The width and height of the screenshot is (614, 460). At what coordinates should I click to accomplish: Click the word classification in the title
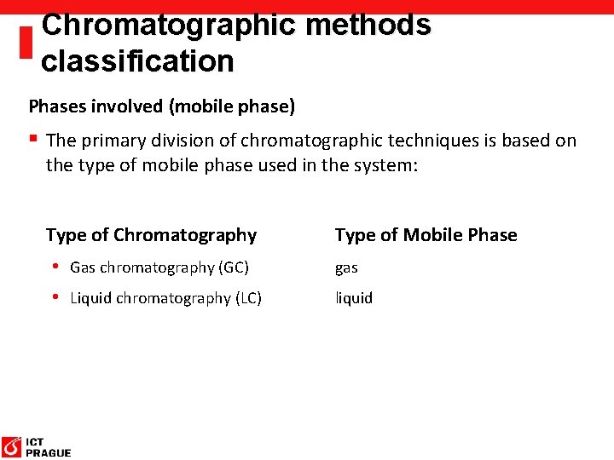click(x=137, y=61)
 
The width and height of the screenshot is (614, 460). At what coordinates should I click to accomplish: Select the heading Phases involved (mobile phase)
click(x=162, y=106)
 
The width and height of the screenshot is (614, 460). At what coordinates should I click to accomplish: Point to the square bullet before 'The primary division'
click(x=33, y=139)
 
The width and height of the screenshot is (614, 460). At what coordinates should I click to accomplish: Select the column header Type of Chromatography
click(x=151, y=235)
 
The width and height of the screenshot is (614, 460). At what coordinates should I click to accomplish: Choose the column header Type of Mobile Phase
click(x=426, y=235)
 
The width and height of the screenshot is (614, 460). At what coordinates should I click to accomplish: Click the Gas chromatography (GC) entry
click(x=159, y=267)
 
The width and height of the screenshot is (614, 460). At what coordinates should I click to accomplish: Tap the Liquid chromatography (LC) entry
click(x=165, y=298)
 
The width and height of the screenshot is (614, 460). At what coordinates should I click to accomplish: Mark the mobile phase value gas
click(x=346, y=268)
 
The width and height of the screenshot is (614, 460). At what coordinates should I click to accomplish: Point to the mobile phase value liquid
click(x=354, y=298)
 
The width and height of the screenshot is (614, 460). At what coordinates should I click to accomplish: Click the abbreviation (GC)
click(x=234, y=267)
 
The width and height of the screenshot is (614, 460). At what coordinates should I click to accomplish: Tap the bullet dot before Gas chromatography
click(x=55, y=267)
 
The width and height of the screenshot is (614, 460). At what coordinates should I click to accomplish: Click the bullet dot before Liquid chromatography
click(x=55, y=297)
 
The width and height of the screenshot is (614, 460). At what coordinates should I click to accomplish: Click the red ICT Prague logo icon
click(x=12, y=446)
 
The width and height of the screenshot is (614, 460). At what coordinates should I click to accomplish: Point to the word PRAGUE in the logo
click(x=49, y=453)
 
